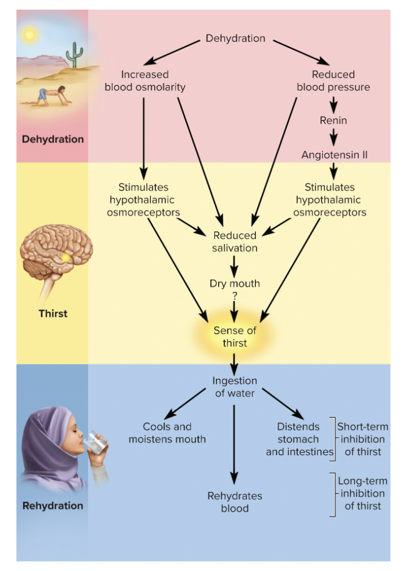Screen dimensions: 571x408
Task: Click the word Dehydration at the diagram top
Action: pyautogui.click(x=235, y=38)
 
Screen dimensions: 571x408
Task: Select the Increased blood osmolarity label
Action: pyautogui.click(x=145, y=81)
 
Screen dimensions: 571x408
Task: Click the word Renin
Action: pyautogui.click(x=333, y=120)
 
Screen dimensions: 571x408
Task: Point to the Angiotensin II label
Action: pyautogui.click(x=334, y=155)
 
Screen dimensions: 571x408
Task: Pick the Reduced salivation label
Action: pyautogui.click(x=235, y=242)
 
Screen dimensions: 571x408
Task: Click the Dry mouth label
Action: pyautogui.click(x=235, y=284)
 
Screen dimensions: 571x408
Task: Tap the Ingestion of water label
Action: pyautogui.click(x=235, y=387)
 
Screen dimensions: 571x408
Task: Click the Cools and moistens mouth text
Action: pyautogui.click(x=167, y=433)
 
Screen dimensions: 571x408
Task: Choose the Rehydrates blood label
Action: pyautogui.click(x=235, y=502)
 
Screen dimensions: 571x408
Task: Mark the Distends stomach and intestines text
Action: pyautogui.click(x=299, y=439)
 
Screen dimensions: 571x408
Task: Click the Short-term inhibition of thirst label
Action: pyautogui.click(x=363, y=439)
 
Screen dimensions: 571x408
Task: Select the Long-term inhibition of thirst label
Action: pyautogui.click(x=363, y=493)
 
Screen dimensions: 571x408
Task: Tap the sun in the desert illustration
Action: pyautogui.click(x=28, y=36)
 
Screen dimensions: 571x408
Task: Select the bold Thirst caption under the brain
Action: pyautogui.click(x=53, y=313)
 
